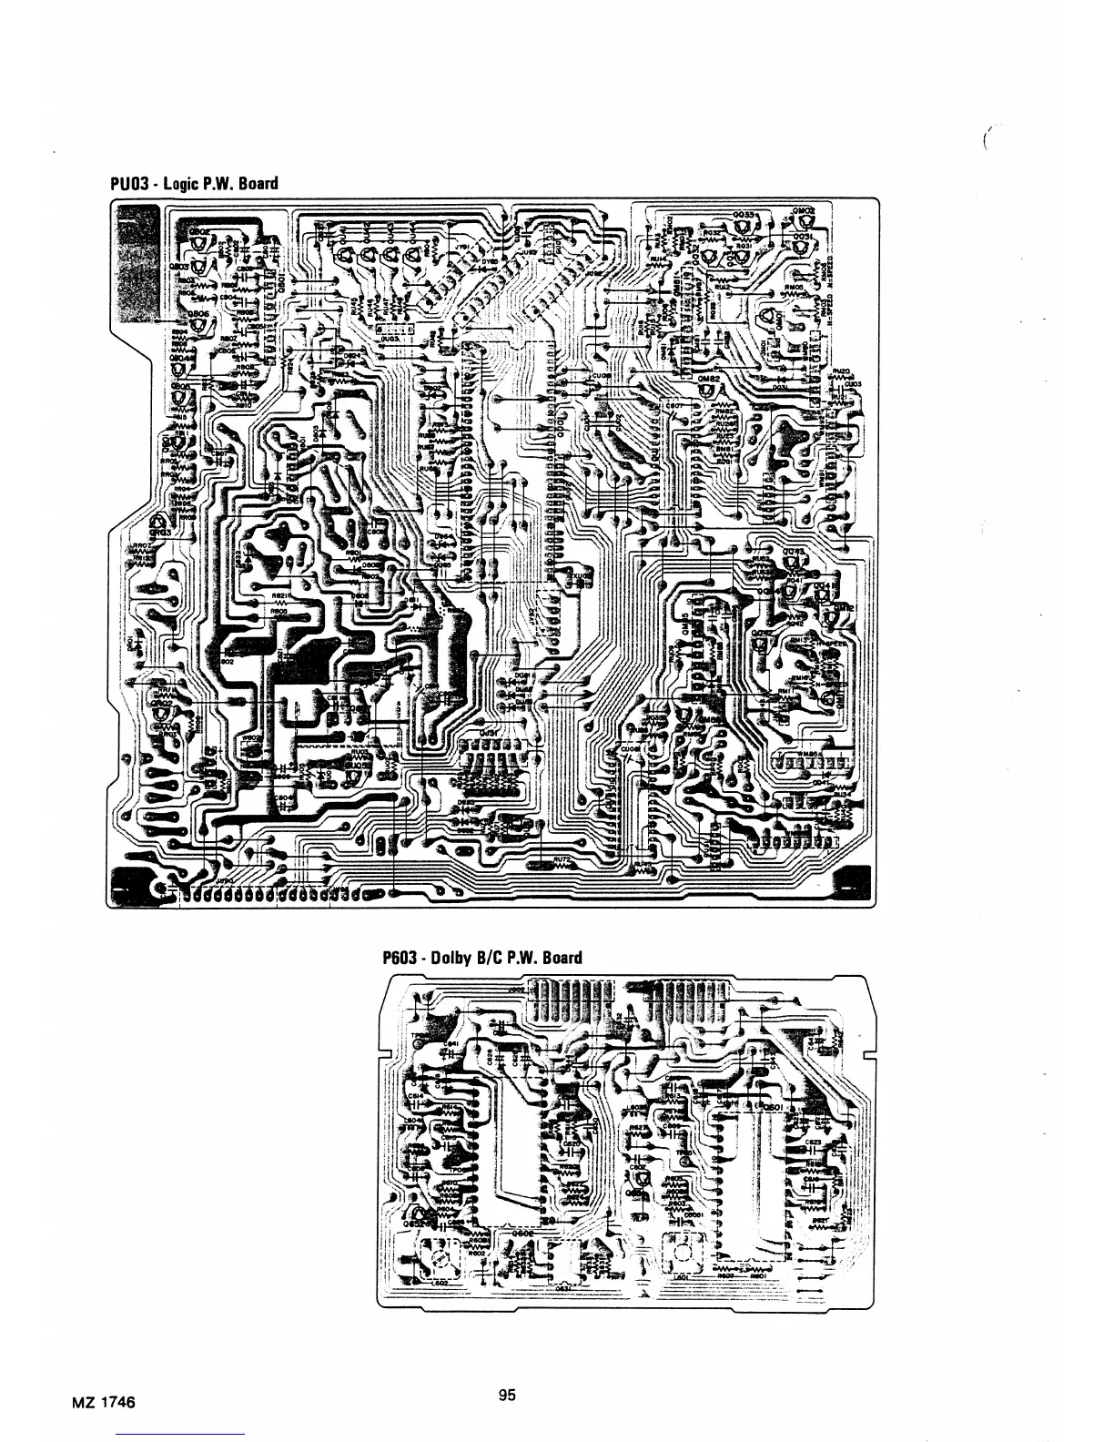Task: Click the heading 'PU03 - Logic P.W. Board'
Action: click(193, 184)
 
